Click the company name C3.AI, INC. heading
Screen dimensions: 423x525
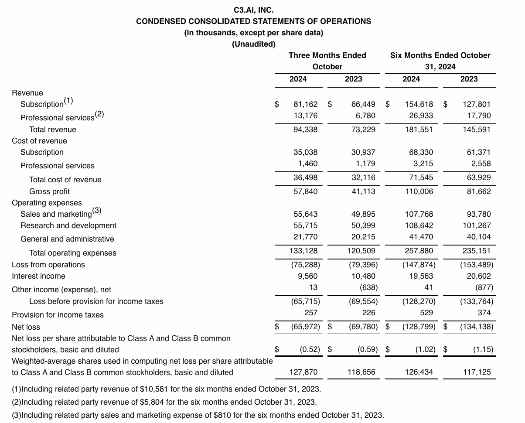click(254, 10)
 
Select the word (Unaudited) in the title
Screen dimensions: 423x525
click(254, 44)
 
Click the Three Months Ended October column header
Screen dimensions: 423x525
click(327, 61)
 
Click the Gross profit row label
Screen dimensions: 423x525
click(49, 191)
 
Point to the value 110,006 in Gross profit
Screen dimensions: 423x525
click(419, 191)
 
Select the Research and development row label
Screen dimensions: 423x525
click(68, 225)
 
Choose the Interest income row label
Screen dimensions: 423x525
click(38, 276)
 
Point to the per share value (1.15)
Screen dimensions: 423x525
click(483, 349)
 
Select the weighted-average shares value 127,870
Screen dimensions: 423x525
click(303, 372)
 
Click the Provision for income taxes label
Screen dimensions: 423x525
click(58, 315)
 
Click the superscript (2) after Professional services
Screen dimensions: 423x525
click(99, 114)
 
